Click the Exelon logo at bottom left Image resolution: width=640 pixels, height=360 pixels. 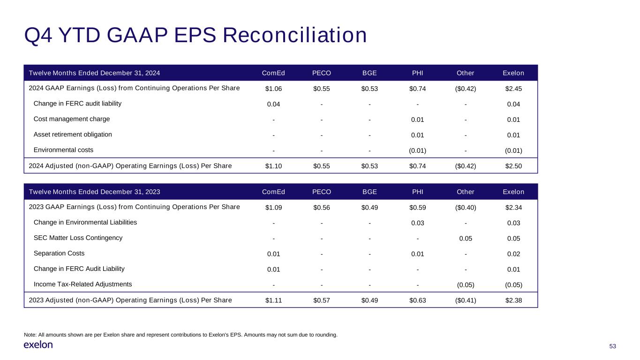pos(38,345)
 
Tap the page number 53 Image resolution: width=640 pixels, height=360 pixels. pos(612,346)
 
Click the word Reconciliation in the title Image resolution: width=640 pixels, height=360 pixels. pos(294,36)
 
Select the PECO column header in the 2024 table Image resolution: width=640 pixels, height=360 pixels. pos(322,73)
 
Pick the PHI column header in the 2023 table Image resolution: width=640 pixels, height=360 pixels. pos(417,192)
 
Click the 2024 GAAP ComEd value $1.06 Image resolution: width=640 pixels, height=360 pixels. pos(274,89)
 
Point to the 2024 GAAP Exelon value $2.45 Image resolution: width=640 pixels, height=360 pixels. pos(513,89)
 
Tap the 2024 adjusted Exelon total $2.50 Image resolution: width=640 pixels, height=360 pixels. pos(513,166)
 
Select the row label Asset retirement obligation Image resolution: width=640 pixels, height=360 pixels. pos(73,135)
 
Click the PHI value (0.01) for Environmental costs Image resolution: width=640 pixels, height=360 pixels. pos(417,150)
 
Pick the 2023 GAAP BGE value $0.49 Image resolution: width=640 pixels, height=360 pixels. pos(369,207)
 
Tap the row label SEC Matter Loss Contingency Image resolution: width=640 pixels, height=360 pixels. pos(78,238)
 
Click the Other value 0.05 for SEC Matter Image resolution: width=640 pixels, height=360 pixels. pos(466,238)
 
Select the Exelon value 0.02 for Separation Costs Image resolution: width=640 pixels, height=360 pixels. pos(513,254)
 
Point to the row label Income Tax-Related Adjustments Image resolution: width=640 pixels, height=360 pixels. pos(83,284)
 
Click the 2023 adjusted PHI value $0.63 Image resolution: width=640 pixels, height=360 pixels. pos(417,300)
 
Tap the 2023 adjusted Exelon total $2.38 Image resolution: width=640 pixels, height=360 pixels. pos(513,300)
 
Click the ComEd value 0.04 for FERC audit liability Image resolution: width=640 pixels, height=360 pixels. pos(274,104)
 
